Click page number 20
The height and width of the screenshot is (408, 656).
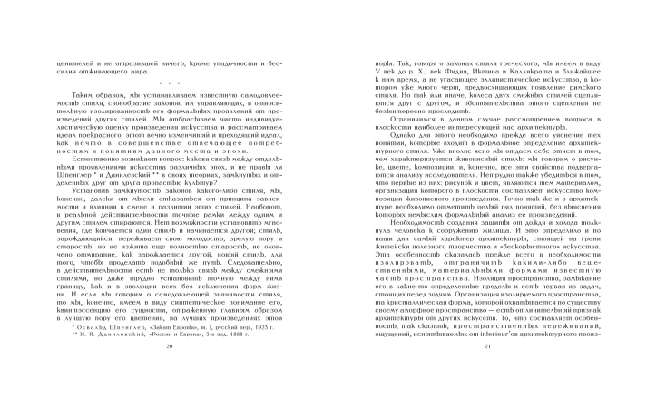point(169,372)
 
